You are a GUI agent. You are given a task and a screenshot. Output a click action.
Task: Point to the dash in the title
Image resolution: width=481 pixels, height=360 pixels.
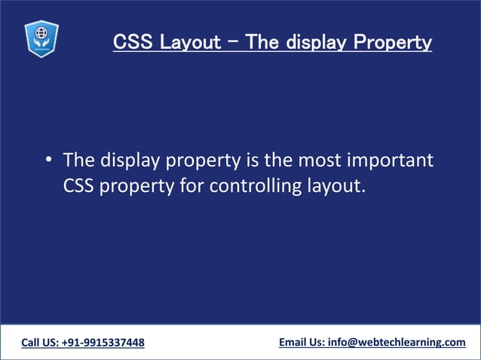pos(232,41)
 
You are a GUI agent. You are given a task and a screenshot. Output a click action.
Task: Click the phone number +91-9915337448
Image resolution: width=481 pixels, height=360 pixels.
pos(106,343)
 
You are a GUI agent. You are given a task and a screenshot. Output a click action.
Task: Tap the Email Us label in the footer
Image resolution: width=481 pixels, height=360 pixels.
pos(301,343)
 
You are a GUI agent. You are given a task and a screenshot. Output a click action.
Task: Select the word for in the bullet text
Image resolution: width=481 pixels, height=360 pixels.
pos(191,185)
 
